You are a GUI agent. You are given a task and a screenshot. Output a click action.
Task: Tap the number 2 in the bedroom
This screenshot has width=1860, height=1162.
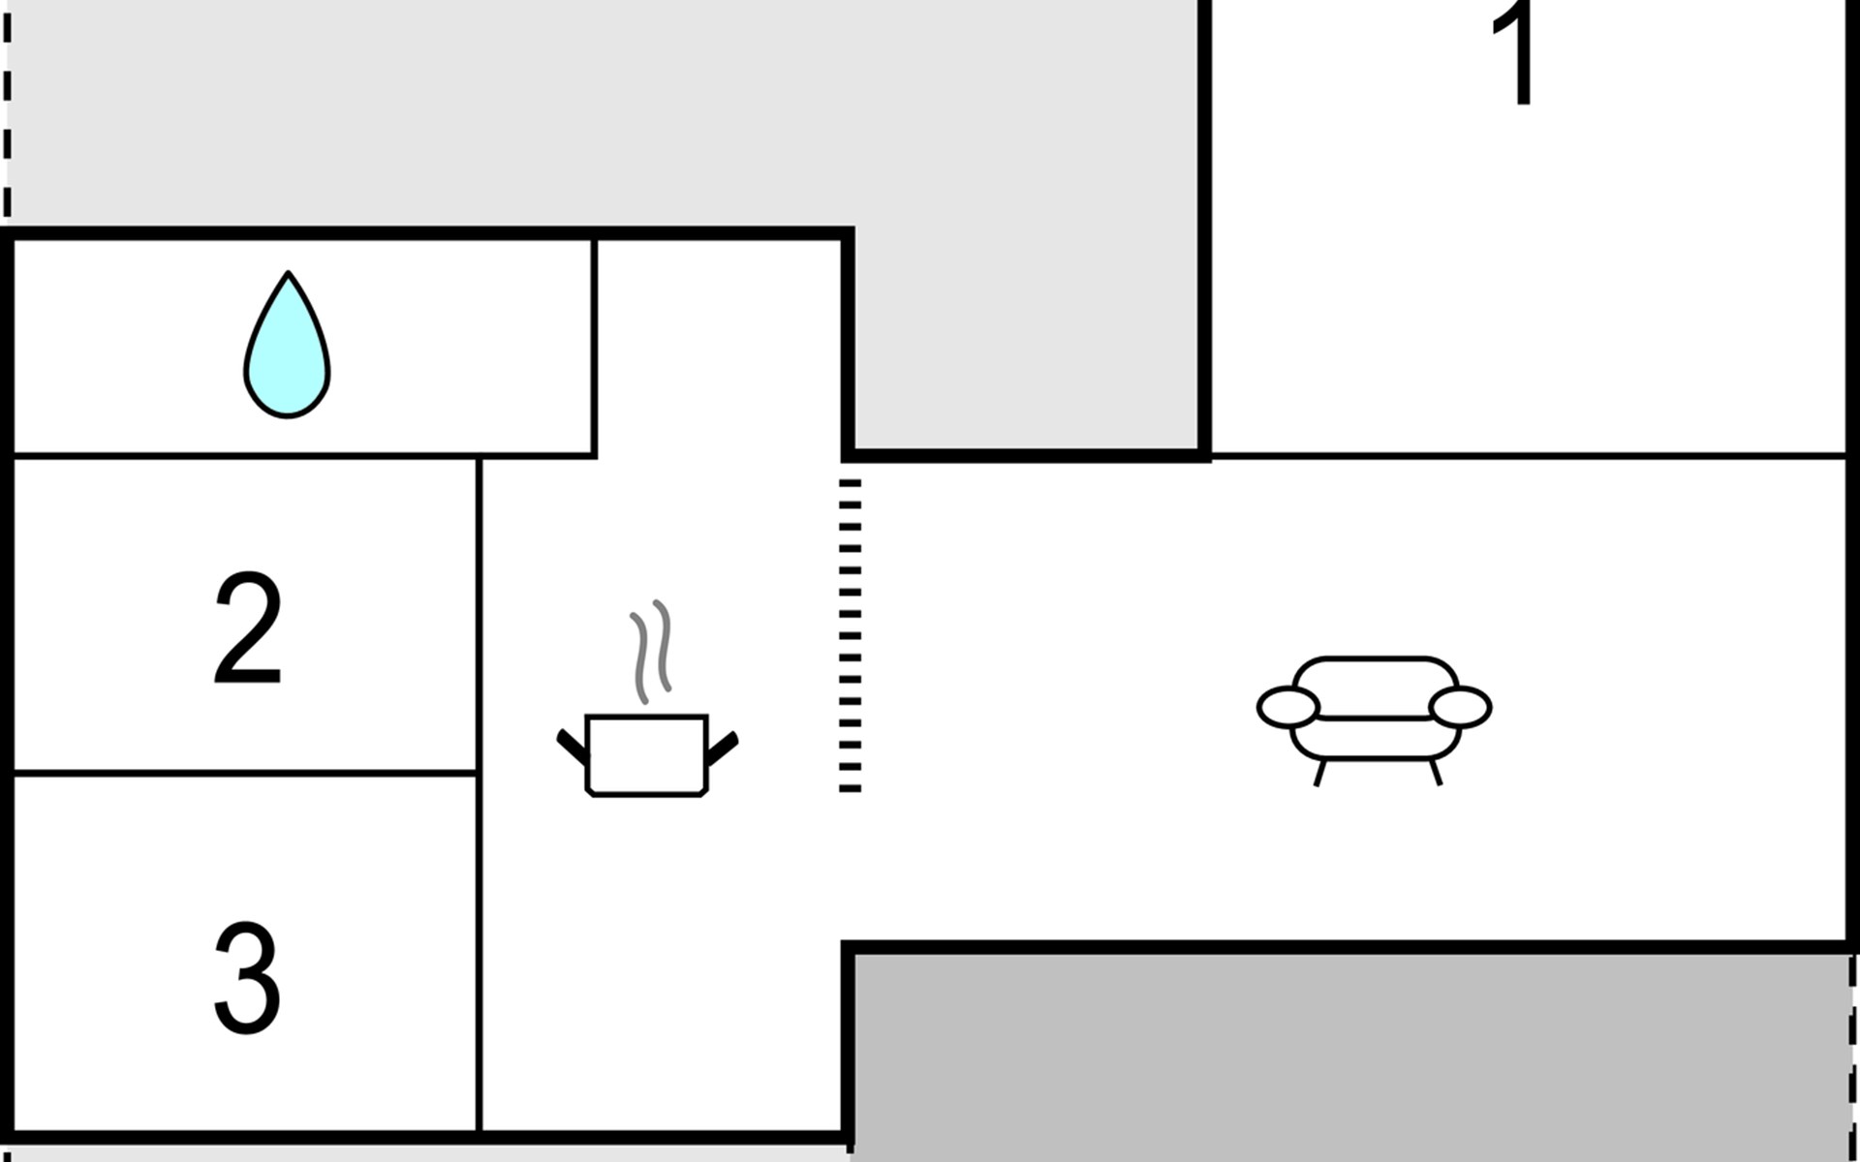click(x=248, y=628)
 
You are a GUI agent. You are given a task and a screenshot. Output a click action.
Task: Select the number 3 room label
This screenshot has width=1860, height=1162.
click(x=247, y=977)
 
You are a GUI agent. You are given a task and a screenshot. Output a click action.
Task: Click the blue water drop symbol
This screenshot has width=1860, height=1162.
click(x=287, y=345)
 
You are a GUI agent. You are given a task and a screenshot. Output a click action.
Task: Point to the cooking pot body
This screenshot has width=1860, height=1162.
click(x=647, y=756)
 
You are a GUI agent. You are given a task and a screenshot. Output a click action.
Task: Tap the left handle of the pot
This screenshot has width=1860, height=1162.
click(x=572, y=747)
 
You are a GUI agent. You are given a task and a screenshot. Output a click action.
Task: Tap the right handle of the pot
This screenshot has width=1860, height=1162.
click(x=723, y=748)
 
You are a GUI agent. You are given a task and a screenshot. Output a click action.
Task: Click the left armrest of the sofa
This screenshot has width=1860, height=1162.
click(x=1288, y=707)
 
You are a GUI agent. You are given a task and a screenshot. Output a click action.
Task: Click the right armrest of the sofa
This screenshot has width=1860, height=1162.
click(x=1460, y=707)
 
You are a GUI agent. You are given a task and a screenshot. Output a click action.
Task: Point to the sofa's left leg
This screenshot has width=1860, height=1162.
click(x=1319, y=773)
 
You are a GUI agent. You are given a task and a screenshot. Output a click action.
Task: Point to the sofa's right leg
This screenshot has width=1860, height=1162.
click(x=1436, y=773)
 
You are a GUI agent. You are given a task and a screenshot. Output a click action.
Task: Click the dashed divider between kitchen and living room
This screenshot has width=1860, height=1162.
click(x=850, y=635)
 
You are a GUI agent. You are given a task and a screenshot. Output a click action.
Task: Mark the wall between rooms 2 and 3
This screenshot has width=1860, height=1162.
click(x=246, y=774)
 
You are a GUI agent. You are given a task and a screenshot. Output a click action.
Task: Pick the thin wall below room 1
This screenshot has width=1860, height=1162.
click(x=1529, y=454)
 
